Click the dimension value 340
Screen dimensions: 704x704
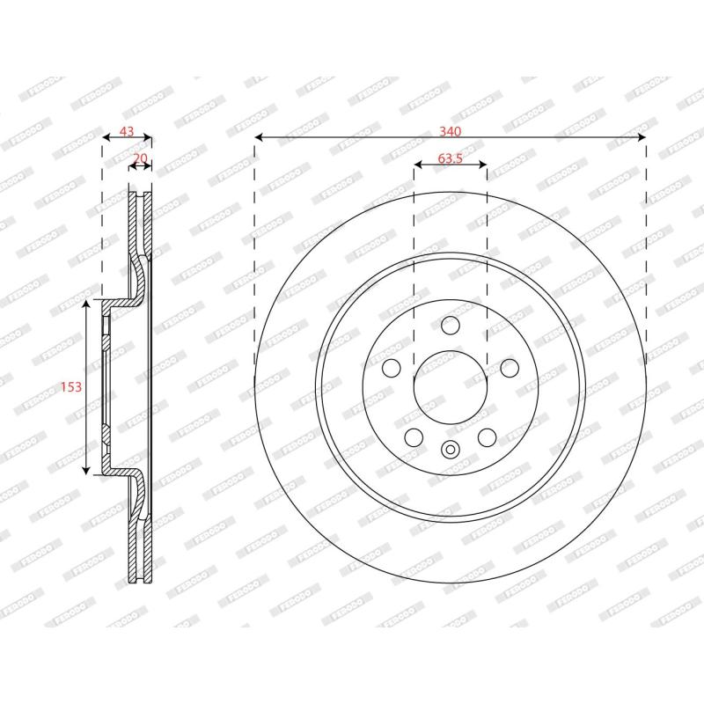coord(450,131)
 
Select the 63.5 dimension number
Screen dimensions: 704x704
coord(450,158)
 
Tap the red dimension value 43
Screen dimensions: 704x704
coord(127,131)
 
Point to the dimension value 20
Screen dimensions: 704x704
coord(140,158)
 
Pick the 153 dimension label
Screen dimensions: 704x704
coord(71,386)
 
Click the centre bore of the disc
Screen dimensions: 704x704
coord(450,386)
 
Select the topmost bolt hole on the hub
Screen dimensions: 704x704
coord(450,325)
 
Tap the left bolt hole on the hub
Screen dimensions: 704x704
coord(391,368)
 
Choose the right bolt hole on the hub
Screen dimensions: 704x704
coord(510,368)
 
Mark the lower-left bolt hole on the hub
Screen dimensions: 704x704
coord(414,437)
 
